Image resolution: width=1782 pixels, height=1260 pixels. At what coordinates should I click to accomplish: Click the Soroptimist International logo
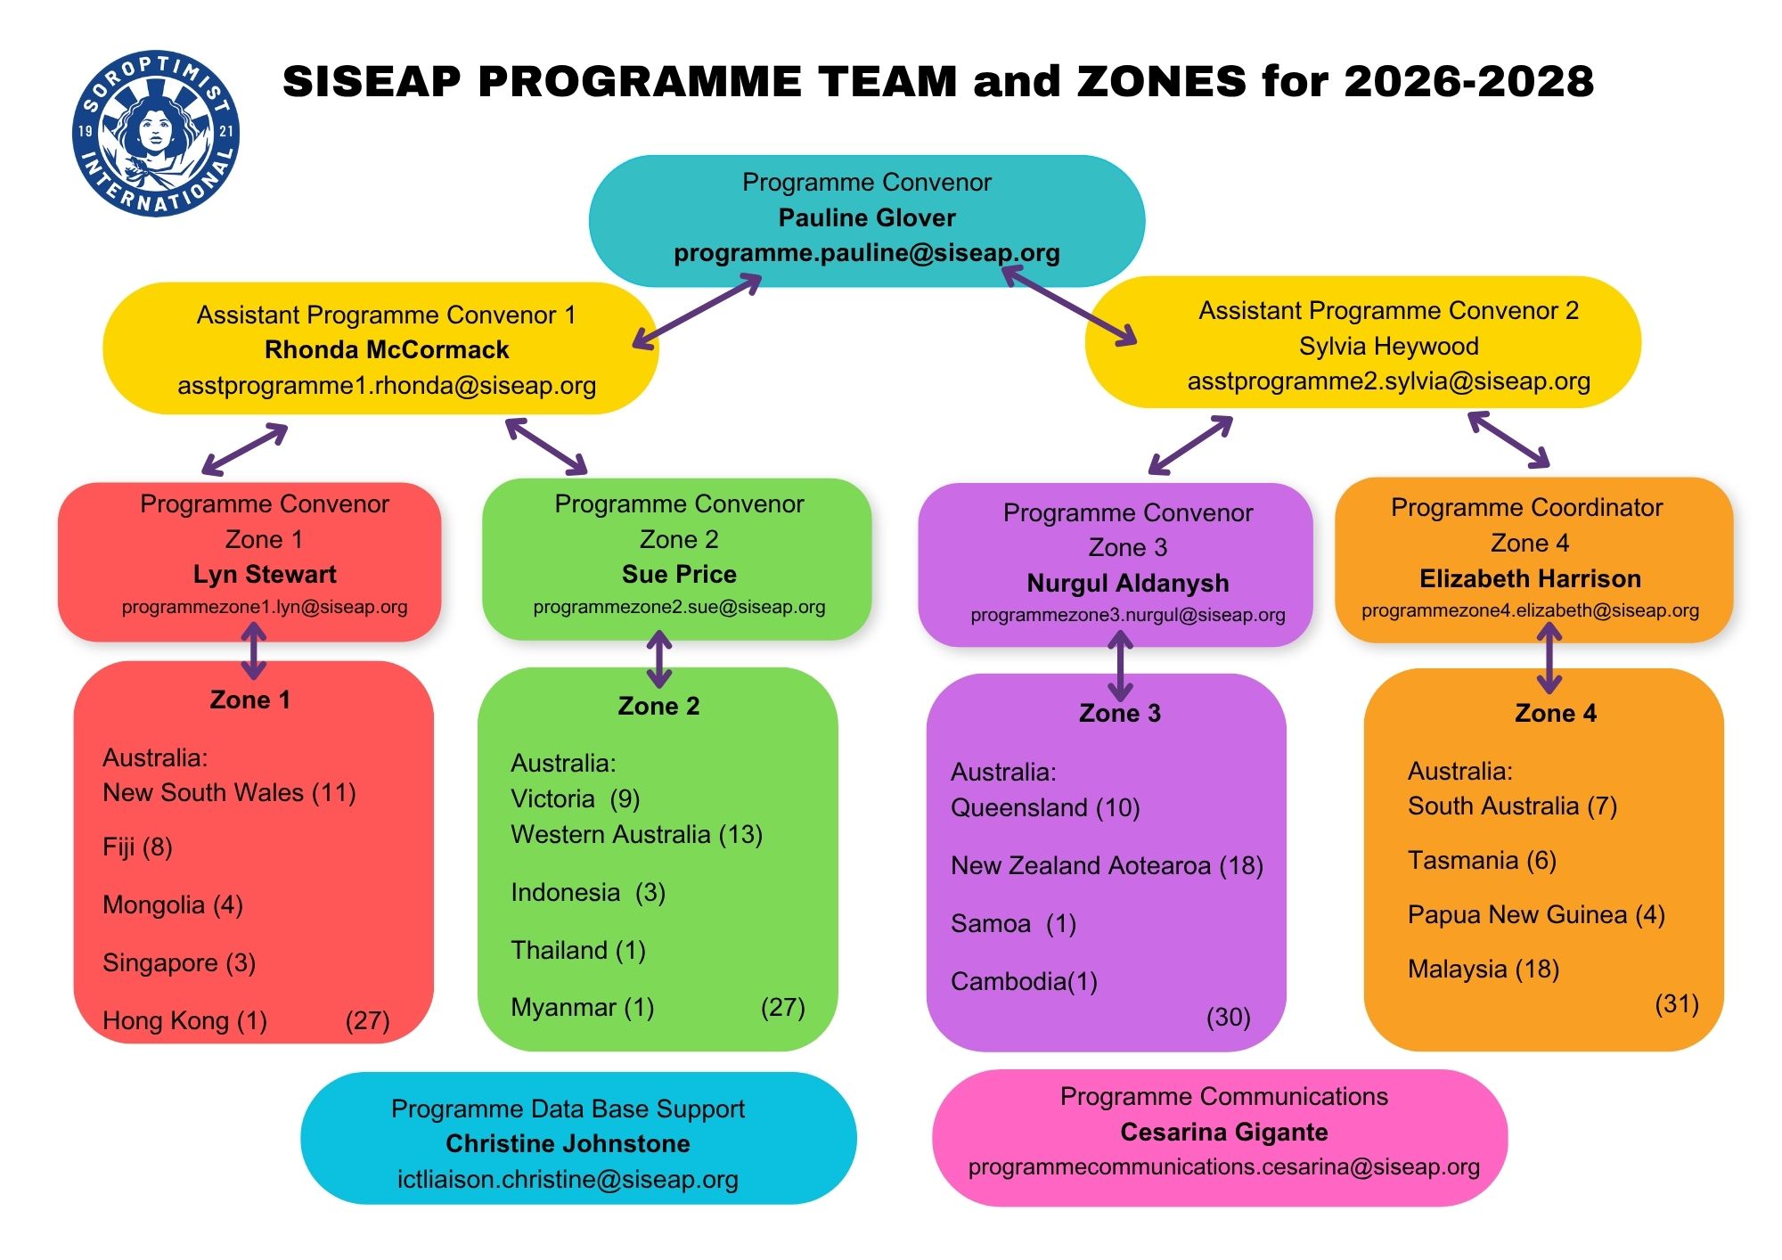tap(156, 134)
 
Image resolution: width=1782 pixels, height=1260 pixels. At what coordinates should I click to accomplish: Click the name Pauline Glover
tap(867, 217)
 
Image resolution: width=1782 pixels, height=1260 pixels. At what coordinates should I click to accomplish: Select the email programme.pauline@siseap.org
tap(867, 253)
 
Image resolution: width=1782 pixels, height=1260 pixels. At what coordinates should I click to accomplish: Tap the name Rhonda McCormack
tap(387, 349)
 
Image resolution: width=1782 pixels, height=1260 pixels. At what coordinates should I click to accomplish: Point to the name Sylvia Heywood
tap(1388, 346)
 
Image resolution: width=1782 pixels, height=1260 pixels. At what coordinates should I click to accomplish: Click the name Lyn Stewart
tap(265, 574)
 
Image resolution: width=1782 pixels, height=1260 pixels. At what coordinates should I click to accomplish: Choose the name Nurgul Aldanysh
tap(1128, 583)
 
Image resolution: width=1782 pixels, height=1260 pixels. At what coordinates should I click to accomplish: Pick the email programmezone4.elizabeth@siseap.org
tap(1530, 610)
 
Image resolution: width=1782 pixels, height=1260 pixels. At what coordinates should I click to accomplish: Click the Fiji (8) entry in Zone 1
tap(137, 847)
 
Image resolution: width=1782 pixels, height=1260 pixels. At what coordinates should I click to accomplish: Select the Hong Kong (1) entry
tap(184, 1020)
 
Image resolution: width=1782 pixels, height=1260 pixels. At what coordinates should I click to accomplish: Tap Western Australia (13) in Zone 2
tap(636, 834)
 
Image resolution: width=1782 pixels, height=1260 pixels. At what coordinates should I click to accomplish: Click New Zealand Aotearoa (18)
tap(1107, 865)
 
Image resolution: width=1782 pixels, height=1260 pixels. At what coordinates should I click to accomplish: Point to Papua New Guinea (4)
tap(1536, 914)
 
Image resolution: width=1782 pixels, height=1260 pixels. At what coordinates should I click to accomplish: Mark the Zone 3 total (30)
tap(1229, 1017)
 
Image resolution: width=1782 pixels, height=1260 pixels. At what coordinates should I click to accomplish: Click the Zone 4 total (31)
tap(1677, 1004)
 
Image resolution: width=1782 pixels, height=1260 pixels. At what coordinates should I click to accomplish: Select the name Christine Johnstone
tap(568, 1143)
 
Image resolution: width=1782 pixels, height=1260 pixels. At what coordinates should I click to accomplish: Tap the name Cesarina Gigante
tap(1224, 1132)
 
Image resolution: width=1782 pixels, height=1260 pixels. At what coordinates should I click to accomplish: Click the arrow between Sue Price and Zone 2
tap(658, 659)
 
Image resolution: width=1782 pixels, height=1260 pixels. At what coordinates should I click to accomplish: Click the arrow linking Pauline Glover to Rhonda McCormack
tap(697, 311)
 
